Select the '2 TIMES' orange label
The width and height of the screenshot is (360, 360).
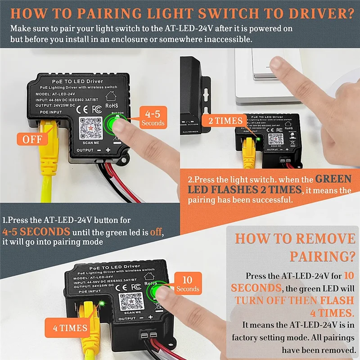pos(225,121)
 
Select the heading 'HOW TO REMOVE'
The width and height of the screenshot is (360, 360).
pos(295,238)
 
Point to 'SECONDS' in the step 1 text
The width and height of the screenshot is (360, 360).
pos(45,232)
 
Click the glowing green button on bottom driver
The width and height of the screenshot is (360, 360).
pos(159,292)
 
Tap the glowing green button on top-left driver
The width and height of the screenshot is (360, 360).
pos(116,123)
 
